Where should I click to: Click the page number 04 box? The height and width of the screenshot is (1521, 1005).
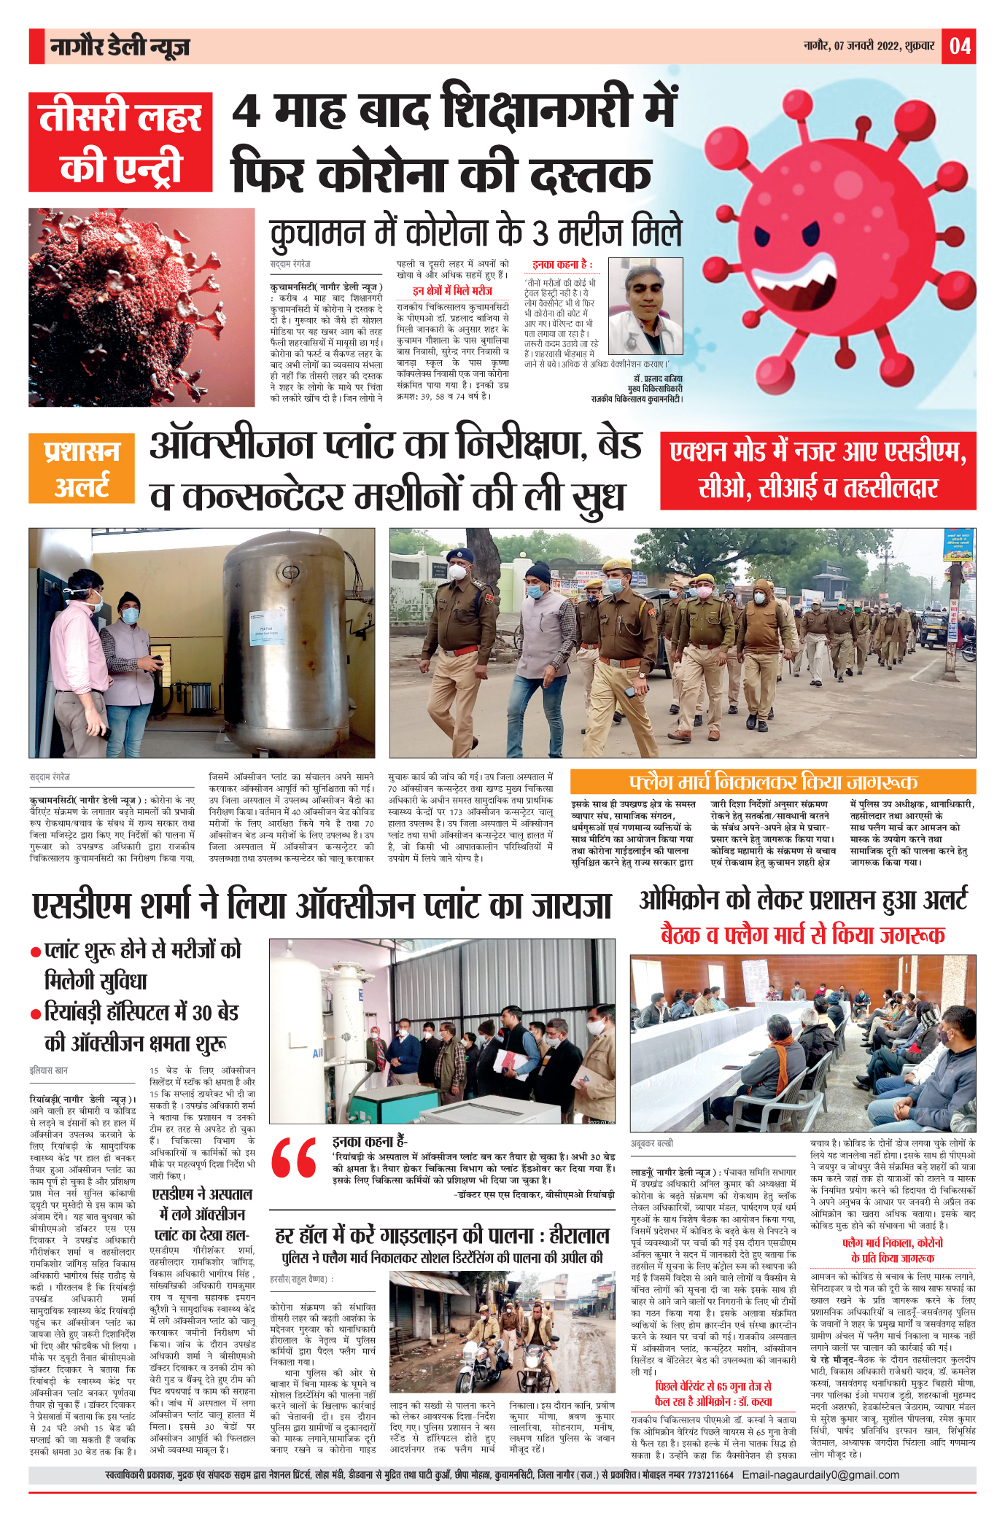(x=959, y=46)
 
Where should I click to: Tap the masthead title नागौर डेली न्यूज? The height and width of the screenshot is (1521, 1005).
(x=120, y=47)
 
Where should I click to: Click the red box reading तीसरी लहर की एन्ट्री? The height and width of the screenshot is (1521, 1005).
(x=120, y=142)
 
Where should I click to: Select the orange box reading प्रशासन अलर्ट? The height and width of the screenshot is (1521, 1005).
(x=82, y=468)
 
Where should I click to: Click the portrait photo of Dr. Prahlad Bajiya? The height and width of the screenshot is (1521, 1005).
(x=645, y=306)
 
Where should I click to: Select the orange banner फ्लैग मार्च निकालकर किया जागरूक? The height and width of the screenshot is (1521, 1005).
(x=772, y=782)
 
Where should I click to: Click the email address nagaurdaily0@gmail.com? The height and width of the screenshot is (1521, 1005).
(x=820, y=1474)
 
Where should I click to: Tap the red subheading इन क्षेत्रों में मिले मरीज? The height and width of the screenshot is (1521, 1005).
(x=452, y=291)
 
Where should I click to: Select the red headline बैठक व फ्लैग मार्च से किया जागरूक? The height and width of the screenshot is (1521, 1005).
(x=803, y=935)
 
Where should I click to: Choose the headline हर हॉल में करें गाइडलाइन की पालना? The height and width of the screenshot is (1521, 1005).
(x=442, y=1236)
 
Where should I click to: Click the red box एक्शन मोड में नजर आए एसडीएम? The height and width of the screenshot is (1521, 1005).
(x=818, y=470)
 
